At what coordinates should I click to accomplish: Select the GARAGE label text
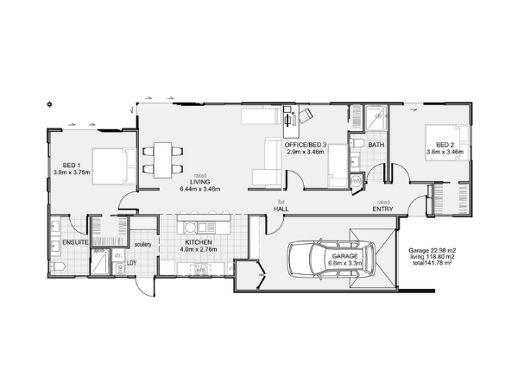(x=344, y=256)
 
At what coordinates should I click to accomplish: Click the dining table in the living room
(x=163, y=160)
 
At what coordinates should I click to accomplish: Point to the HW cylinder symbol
(x=356, y=181)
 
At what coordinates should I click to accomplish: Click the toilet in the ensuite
(x=59, y=267)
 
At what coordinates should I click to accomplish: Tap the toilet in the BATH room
(x=357, y=144)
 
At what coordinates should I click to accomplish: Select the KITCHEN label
(x=199, y=242)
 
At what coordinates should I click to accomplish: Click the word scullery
(x=143, y=245)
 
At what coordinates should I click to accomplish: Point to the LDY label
(x=132, y=263)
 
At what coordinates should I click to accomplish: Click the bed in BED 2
(x=446, y=142)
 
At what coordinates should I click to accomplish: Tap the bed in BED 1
(x=114, y=166)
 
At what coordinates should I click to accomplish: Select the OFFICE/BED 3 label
(x=306, y=145)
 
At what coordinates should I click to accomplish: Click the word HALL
(x=281, y=209)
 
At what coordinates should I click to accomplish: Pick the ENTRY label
(x=382, y=210)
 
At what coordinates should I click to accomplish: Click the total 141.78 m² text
(x=433, y=263)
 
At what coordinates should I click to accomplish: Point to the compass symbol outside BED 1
(x=49, y=104)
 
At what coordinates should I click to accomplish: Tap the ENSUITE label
(x=75, y=242)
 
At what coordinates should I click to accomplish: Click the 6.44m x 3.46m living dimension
(x=200, y=189)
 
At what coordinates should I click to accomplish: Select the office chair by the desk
(x=306, y=116)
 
